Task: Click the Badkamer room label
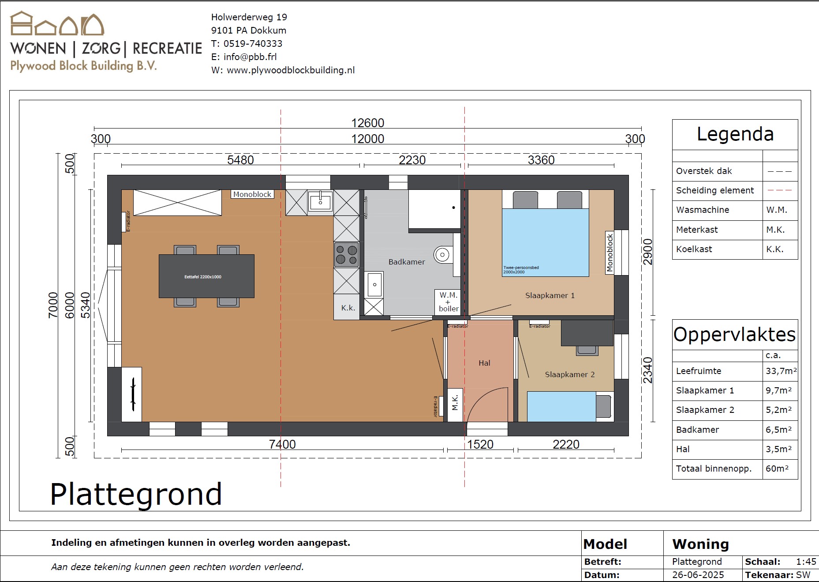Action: click(407, 262)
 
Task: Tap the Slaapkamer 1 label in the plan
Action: click(550, 295)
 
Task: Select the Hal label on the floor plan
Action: click(484, 363)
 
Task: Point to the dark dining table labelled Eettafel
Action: click(206, 276)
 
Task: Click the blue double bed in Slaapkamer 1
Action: click(546, 242)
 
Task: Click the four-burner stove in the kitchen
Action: click(347, 255)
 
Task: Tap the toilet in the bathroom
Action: click(443, 255)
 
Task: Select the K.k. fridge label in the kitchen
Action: click(348, 308)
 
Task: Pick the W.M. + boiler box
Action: click(448, 302)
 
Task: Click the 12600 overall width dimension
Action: click(367, 123)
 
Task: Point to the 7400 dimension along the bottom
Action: click(282, 444)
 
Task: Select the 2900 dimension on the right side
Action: click(647, 252)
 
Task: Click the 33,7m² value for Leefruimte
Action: click(781, 371)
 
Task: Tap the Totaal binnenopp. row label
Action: click(714, 469)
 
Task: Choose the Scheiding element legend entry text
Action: click(715, 190)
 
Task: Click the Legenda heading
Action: click(735, 134)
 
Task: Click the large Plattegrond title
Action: click(136, 495)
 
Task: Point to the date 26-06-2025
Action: click(698, 575)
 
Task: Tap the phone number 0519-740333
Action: click(253, 44)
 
